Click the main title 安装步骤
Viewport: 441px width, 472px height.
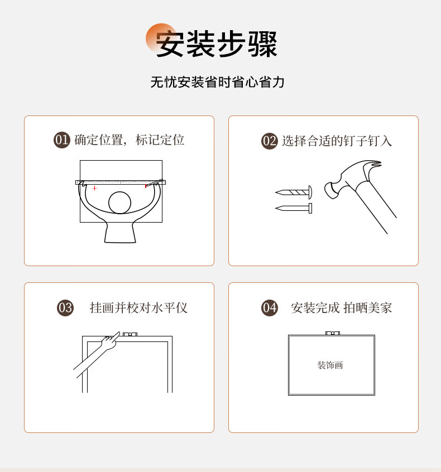(x=216, y=44)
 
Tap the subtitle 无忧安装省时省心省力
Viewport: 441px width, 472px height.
(x=218, y=82)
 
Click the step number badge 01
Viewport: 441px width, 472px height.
(x=62, y=140)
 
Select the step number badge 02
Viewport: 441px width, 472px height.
(x=269, y=141)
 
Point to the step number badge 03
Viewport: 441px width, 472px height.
(x=65, y=307)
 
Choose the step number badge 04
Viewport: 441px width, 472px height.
(x=269, y=307)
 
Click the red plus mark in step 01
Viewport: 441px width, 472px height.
(x=94, y=188)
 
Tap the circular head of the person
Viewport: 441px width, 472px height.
(x=119, y=203)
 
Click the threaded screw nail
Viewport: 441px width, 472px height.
(x=294, y=192)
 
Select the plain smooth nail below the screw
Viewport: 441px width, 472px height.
(x=294, y=208)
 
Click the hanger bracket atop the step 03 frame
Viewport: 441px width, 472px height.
(x=130, y=334)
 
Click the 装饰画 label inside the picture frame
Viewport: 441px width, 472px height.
(x=330, y=365)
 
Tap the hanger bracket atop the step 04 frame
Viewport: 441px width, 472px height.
(x=333, y=333)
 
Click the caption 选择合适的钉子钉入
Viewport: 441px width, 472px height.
(x=337, y=141)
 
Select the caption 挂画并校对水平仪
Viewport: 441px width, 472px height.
(x=138, y=307)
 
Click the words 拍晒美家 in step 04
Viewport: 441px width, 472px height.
(x=368, y=307)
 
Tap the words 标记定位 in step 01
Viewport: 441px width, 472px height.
(x=160, y=140)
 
